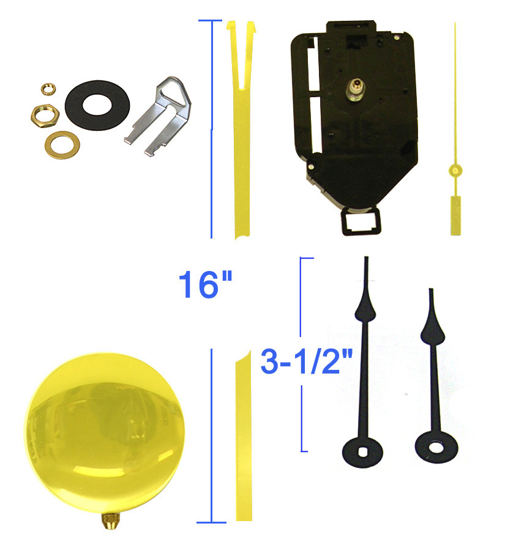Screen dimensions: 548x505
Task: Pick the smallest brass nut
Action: pos(46,89)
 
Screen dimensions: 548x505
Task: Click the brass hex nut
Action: pos(42,113)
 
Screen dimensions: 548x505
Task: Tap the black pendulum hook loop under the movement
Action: pos(359,221)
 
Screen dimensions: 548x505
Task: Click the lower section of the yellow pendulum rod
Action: pos(242,440)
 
